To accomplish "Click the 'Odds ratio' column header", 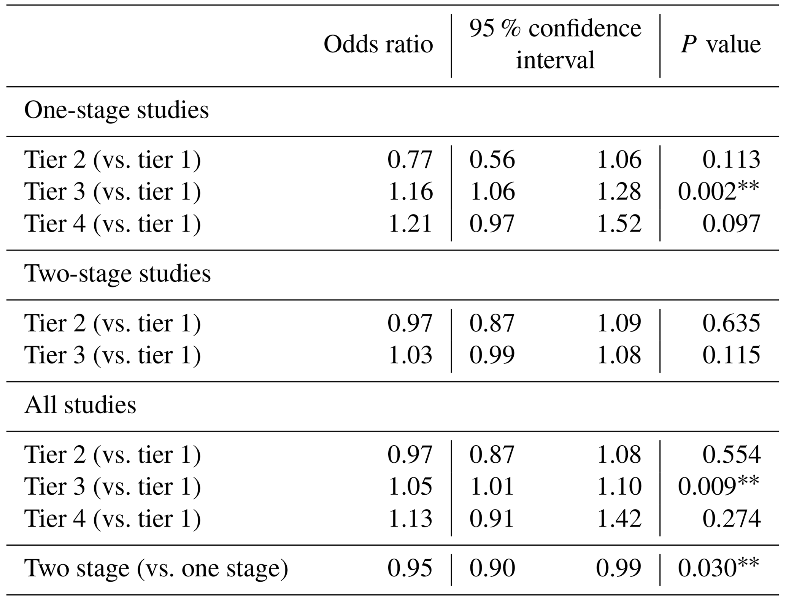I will tap(378, 44).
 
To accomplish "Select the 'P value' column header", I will tap(720, 44).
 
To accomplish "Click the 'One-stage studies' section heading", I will tap(116, 111).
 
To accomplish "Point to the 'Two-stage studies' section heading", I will tap(117, 274).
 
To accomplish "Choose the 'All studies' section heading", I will tap(80, 405).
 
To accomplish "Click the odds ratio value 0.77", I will tap(410, 159).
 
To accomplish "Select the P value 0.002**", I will tap(718, 191).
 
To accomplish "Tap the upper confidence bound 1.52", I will tap(619, 224).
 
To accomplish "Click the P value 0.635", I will tap(731, 323).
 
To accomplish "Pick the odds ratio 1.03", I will tap(410, 355).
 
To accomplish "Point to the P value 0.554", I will tap(731, 454).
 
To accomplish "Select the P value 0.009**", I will tap(718, 486).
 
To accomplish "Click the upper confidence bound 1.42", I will tap(619, 519).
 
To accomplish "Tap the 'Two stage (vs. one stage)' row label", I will tap(156, 568).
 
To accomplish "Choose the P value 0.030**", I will tap(718, 568).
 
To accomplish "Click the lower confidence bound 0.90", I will tap(492, 568).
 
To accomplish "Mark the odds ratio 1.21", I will tap(410, 224).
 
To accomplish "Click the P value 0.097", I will tap(731, 224).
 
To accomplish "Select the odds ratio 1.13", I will tap(410, 519).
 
